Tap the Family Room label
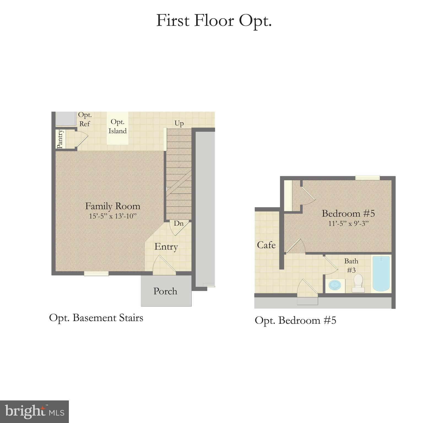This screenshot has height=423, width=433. point(113,206)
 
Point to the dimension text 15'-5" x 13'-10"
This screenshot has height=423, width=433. point(113,216)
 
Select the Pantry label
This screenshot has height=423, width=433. point(60,139)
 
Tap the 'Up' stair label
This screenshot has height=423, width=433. point(179,123)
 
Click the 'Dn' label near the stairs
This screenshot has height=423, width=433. point(178,223)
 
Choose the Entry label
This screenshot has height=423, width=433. point(166,246)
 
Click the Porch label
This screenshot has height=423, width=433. point(165,291)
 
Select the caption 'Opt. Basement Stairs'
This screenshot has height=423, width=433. point(96,318)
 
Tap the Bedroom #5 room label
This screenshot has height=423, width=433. point(348,213)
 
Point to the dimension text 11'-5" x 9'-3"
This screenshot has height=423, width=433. point(348,223)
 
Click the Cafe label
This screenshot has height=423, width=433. point(266,245)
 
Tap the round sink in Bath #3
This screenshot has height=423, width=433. point(335,285)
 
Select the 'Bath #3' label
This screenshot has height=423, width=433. point(351,265)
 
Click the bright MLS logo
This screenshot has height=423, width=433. point(34,412)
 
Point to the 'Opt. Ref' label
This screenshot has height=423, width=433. point(85,119)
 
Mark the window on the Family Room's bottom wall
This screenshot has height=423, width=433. point(96,273)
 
